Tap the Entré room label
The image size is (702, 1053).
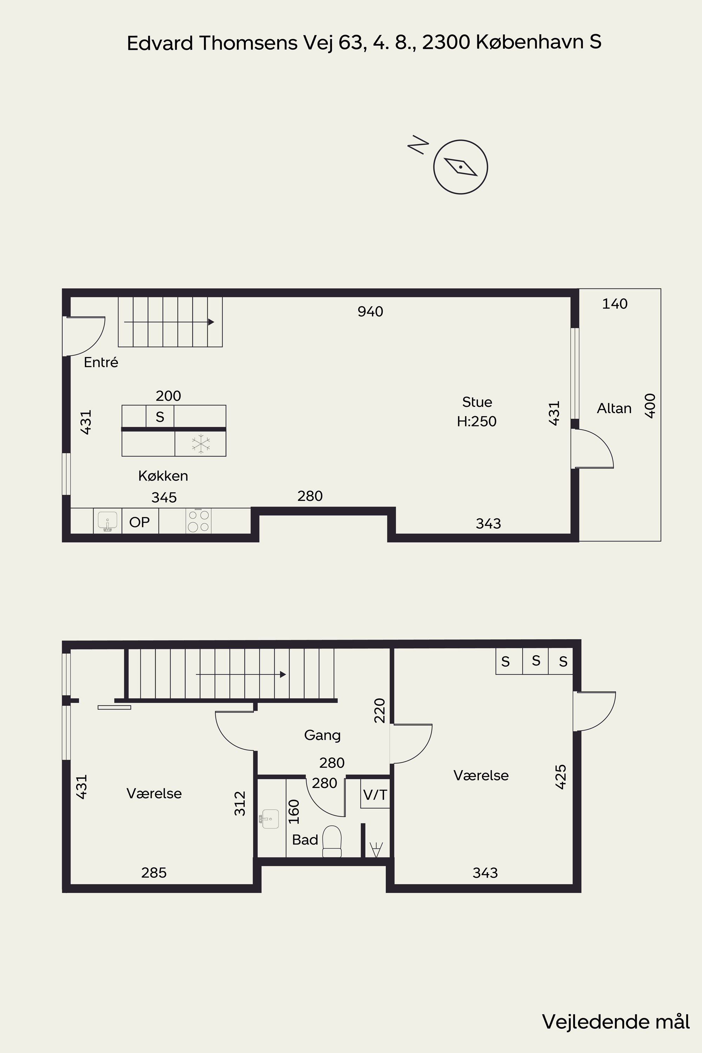click(x=101, y=362)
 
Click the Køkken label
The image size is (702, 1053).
click(x=163, y=476)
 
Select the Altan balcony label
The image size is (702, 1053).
click(x=614, y=408)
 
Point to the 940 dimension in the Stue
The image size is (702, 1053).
click(x=370, y=312)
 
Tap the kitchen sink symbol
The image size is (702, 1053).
click(x=107, y=521)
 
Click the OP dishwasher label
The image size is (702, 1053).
click(x=139, y=522)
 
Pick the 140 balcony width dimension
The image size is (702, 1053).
click(x=615, y=304)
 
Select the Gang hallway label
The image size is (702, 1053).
click(x=322, y=735)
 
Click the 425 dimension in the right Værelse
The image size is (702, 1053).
click(x=561, y=777)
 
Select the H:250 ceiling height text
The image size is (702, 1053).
click(x=477, y=421)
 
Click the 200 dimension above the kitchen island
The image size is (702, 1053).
click(x=168, y=396)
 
